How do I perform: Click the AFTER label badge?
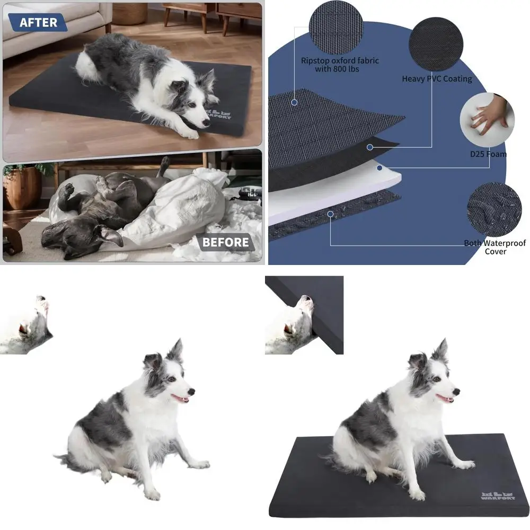tap(38, 22)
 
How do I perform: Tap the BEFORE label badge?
tap(225, 243)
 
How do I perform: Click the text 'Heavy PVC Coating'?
tap(437, 79)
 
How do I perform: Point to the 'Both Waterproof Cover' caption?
tap(495, 247)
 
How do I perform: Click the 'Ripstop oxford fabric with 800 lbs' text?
tap(340, 65)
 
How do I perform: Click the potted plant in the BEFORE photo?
tap(24, 185)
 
